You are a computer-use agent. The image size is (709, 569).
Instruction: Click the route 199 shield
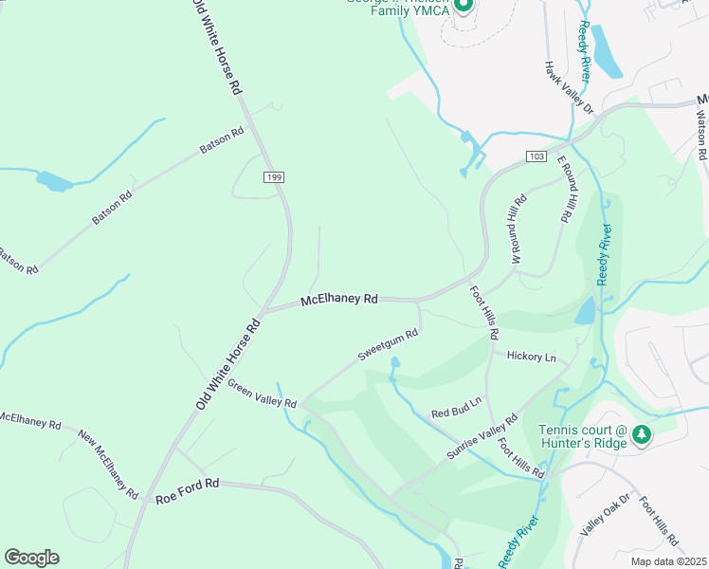(273, 176)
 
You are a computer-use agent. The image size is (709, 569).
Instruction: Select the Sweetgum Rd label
(388, 346)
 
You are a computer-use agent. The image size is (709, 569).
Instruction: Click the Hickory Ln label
(531, 358)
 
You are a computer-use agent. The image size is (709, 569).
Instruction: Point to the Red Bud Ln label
(457, 407)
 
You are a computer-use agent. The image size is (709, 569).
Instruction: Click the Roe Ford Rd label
(188, 490)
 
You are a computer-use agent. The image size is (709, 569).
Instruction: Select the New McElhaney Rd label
(109, 466)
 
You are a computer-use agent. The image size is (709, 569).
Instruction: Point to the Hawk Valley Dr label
(568, 88)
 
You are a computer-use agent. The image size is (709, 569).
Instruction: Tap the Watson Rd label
(701, 133)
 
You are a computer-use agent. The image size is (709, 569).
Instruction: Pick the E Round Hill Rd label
(565, 190)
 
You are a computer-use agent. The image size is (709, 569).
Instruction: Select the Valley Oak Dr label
(605, 515)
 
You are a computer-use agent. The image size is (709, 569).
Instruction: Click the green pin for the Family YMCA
(463, 7)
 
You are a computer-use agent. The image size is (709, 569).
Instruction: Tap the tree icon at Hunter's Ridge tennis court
(642, 434)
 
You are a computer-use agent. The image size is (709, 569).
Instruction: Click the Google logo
(31, 558)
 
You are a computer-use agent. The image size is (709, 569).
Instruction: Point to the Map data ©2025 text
(667, 560)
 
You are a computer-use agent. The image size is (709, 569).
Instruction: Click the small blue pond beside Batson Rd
(53, 181)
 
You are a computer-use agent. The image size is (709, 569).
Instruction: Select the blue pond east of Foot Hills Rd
(586, 310)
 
